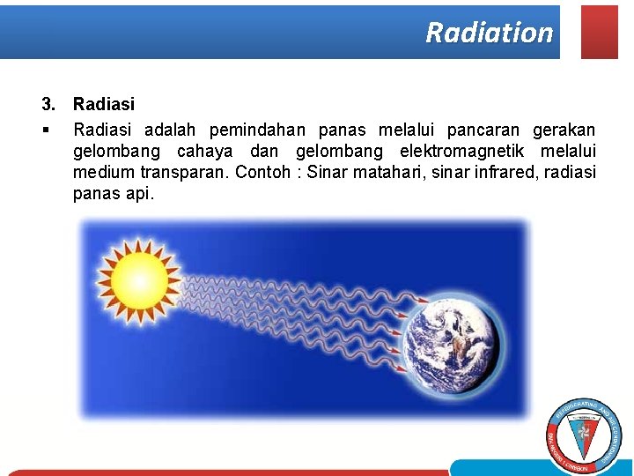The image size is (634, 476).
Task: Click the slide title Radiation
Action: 489,33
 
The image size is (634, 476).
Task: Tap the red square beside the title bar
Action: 600,32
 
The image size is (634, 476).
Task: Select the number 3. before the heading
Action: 49,105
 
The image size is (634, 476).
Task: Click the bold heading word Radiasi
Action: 103,105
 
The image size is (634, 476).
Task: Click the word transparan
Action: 185,172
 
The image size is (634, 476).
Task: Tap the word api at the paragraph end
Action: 139,193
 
